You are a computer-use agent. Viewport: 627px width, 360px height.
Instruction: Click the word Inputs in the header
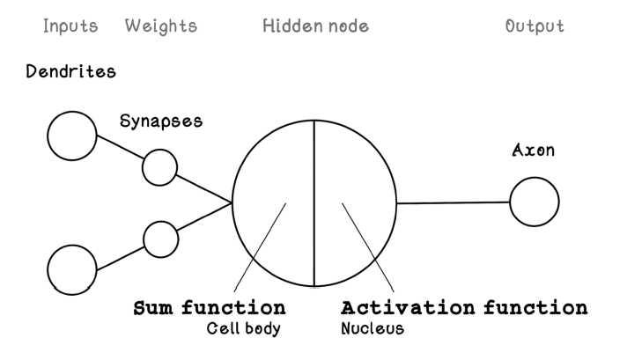(x=70, y=26)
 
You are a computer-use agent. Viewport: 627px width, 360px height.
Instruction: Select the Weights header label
(x=162, y=26)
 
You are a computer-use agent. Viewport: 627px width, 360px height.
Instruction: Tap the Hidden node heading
(x=315, y=26)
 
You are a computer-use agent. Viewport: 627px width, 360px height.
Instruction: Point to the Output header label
(x=535, y=26)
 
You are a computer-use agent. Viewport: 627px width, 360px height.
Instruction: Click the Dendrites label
(x=71, y=72)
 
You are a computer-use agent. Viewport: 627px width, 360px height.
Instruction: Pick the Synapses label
(x=161, y=121)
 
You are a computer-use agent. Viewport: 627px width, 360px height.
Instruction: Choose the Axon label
(x=534, y=151)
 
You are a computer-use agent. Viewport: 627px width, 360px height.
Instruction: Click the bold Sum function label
(x=209, y=308)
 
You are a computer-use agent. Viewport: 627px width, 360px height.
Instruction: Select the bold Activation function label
(x=464, y=308)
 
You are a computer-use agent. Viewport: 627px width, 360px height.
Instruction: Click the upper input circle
(x=72, y=136)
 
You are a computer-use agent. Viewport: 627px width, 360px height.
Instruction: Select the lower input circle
(x=72, y=268)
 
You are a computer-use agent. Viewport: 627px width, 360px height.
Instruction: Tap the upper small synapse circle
(x=159, y=167)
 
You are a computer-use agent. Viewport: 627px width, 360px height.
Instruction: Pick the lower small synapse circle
(x=160, y=238)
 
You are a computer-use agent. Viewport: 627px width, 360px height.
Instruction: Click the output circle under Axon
(x=534, y=202)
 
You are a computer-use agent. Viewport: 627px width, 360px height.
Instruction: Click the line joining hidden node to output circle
(x=453, y=202)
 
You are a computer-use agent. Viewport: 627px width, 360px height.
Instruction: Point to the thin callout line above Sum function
(x=261, y=247)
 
